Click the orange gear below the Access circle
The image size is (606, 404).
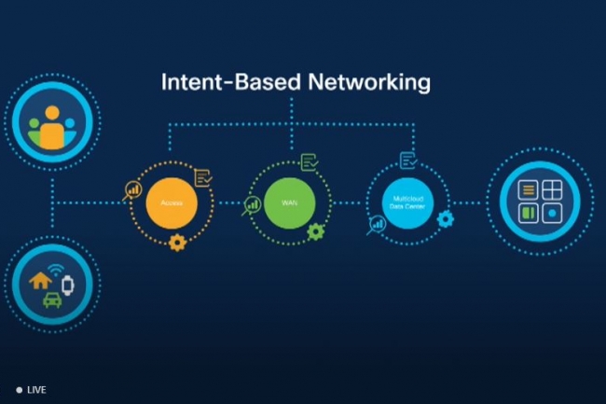[x=177, y=243]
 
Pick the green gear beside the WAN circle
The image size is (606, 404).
[x=315, y=231]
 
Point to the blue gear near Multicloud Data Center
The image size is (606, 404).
[x=445, y=219]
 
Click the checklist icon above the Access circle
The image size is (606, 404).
[x=203, y=176]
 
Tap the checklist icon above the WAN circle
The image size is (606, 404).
[x=309, y=164]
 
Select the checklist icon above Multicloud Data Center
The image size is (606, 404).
[x=407, y=160]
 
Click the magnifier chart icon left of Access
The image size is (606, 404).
[x=132, y=191]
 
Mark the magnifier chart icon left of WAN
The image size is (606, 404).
[x=251, y=204]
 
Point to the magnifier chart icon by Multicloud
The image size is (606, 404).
[x=376, y=225]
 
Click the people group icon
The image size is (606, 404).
[x=51, y=128]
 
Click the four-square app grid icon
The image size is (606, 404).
[x=541, y=201]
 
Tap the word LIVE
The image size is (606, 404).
[x=36, y=389]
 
